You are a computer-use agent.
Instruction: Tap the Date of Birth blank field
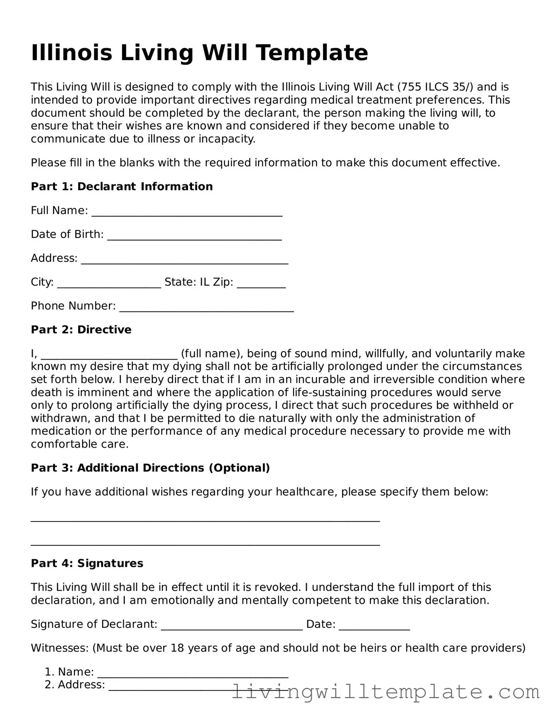[x=194, y=236]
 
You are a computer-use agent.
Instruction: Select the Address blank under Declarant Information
[x=185, y=260]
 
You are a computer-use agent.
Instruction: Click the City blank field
[x=109, y=284]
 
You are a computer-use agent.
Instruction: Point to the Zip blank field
[x=261, y=284]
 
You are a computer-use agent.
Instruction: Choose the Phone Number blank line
[x=206, y=308]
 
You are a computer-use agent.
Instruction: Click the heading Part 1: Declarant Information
[x=121, y=187]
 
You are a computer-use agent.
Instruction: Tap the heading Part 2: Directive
[x=81, y=330]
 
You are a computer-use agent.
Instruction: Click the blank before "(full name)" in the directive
[x=109, y=356]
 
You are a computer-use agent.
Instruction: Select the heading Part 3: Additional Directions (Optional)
[x=150, y=468]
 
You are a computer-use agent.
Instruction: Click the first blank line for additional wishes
[x=205, y=518]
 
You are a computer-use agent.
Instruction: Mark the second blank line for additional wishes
[x=205, y=542]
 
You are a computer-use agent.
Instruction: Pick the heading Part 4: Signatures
[x=86, y=563]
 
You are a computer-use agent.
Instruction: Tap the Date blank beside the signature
[x=374, y=627]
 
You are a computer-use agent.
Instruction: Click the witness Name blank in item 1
[x=193, y=674]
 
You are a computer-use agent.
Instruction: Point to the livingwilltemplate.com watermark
[x=386, y=692]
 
